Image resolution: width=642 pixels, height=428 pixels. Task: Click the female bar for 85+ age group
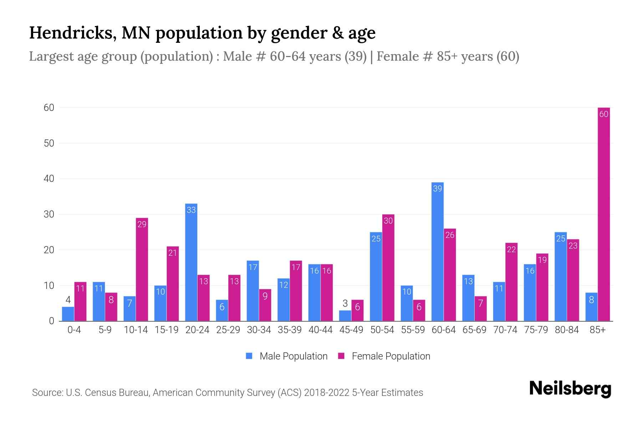[603, 214]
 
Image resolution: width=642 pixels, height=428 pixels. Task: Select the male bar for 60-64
[437, 251]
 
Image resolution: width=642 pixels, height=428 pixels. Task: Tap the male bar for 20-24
[191, 262]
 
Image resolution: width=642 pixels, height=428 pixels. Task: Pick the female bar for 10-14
[142, 269]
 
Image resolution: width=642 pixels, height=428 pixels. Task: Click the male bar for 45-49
[345, 316]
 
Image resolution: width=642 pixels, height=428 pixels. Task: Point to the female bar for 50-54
[388, 267]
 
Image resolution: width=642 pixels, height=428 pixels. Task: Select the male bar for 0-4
[68, 314]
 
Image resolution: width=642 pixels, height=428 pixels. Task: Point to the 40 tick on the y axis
[49, 179]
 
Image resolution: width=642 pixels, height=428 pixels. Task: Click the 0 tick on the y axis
[51, 321]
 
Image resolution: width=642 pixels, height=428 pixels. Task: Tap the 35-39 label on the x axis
[290, 330]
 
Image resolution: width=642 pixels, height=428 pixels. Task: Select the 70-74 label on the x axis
[505, 330]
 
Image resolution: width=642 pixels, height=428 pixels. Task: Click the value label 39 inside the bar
[437, 188]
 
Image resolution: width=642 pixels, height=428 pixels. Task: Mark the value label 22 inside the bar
[511, 249]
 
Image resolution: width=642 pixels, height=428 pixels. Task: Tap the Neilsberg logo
[570, 389]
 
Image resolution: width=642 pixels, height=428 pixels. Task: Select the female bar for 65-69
[480, 309]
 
